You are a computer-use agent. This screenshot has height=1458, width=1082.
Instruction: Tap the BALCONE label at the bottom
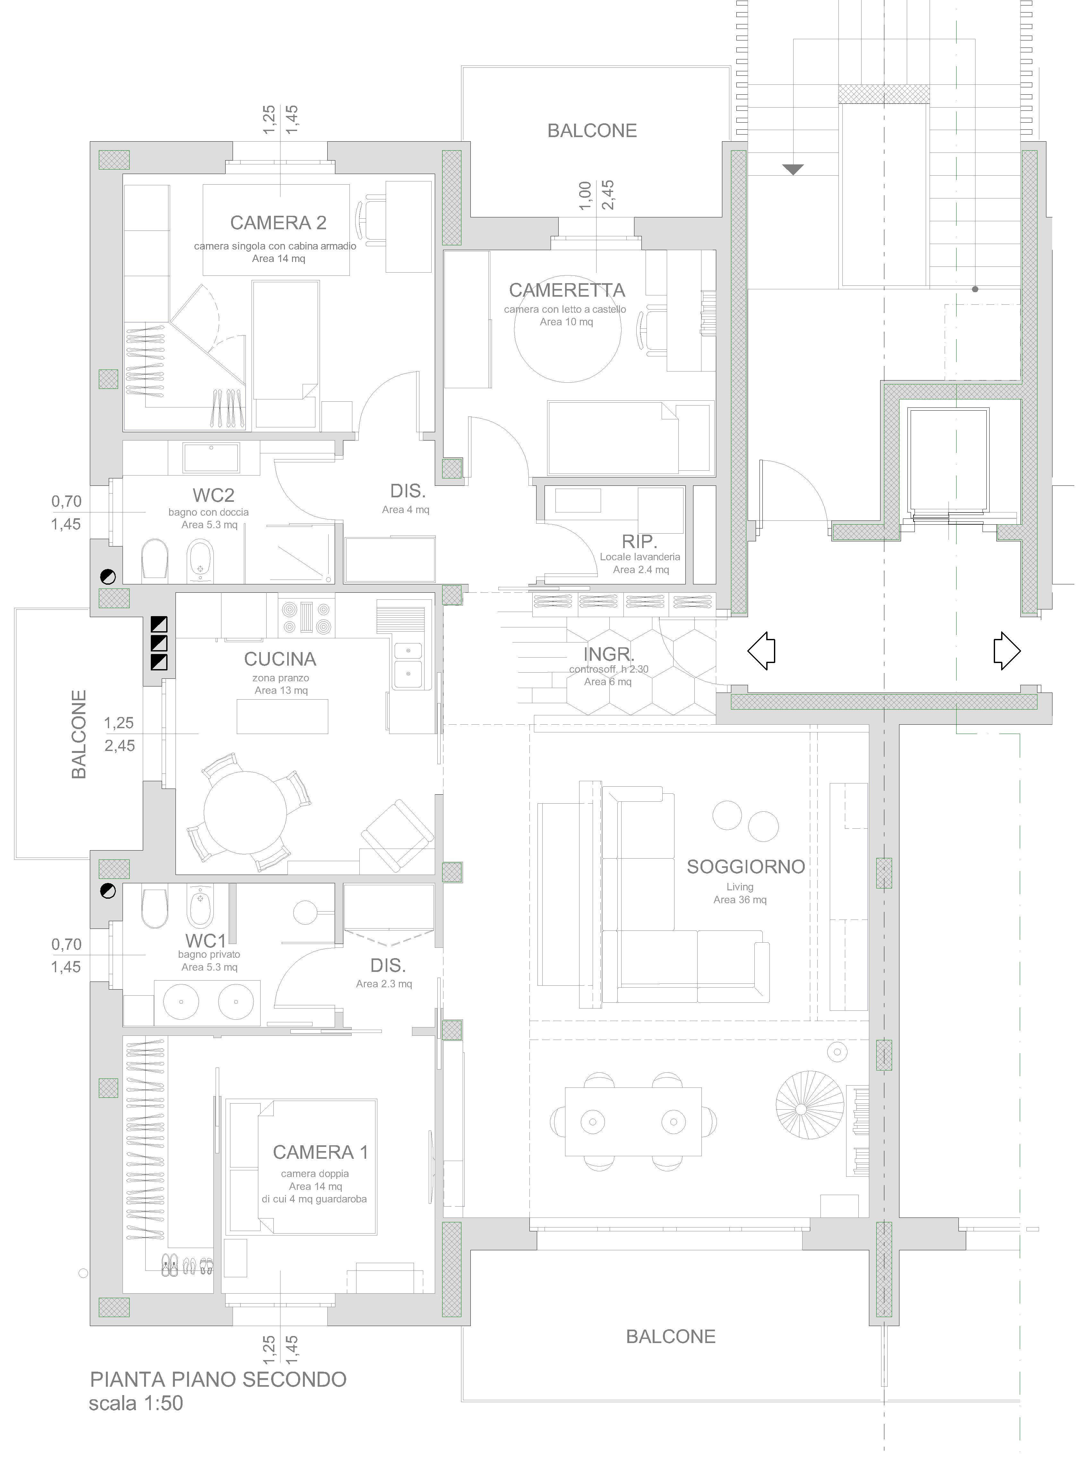pos(671,1337)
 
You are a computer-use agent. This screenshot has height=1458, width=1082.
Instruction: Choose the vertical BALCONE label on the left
pos(79,735)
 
